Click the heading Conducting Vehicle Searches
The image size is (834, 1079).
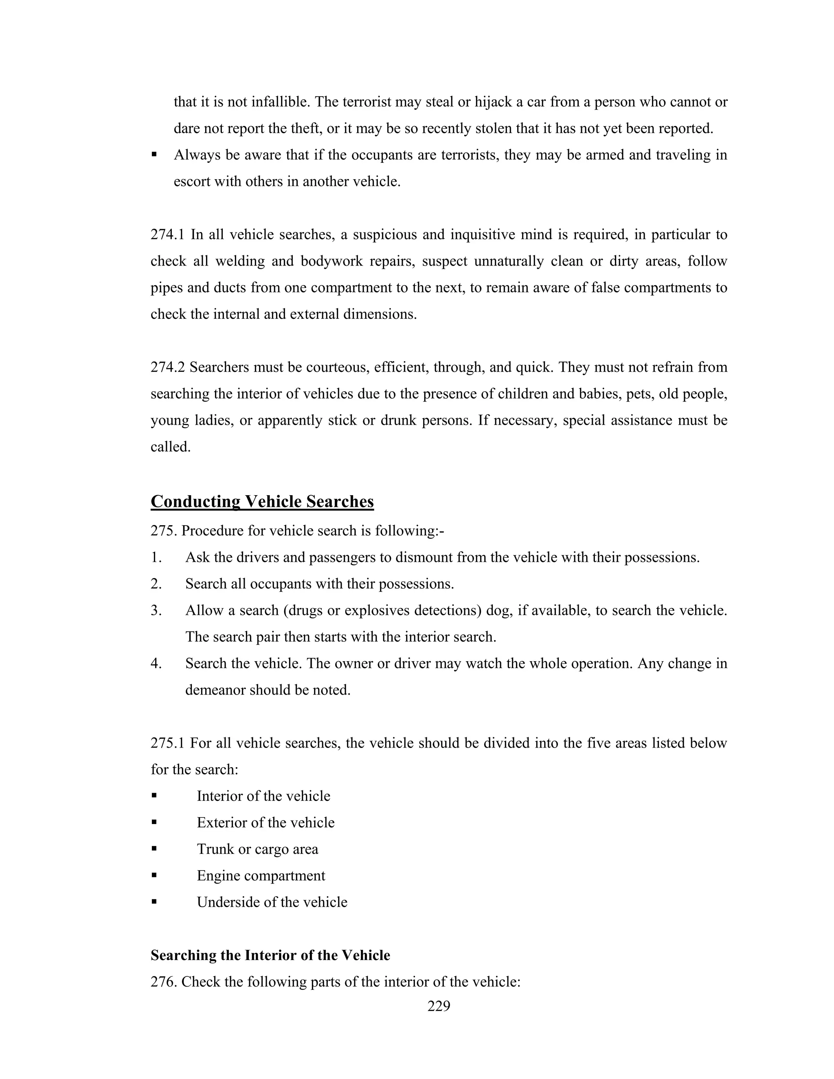(262, 502)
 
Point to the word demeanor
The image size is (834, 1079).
(215, 690)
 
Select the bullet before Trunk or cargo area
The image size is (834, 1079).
(154, 849)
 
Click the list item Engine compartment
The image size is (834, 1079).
(261, 876)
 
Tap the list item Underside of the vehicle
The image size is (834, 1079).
(272, 903)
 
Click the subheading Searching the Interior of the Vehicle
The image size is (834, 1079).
(270, 956)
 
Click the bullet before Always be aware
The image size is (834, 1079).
(154, 155)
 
